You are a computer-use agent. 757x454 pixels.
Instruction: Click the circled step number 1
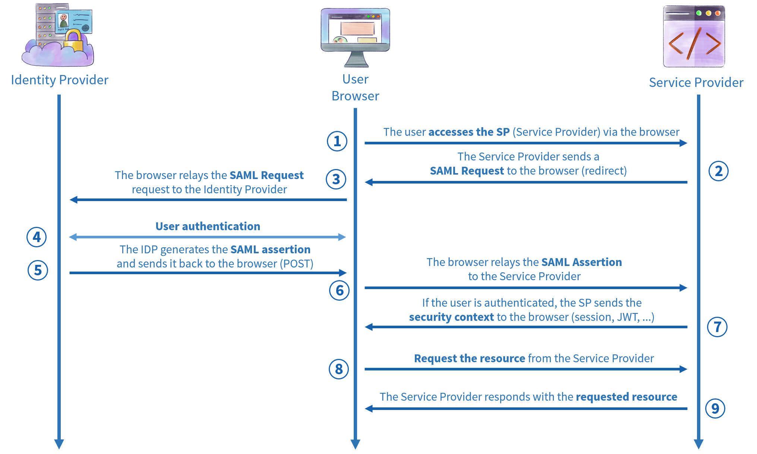tap(337, 141)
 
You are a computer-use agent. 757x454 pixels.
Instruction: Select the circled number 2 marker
tap(718, 171)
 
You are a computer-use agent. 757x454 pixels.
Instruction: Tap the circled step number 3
tap(336, 179)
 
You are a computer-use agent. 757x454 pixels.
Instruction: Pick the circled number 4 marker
tap(37, 237)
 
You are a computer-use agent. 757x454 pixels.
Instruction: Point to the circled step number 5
tap(38, 270)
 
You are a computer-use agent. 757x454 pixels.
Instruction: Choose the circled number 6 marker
tap(339, 290)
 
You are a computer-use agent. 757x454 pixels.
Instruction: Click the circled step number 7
tap(717, 327)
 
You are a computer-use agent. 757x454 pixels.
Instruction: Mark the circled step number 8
tap(338, 369)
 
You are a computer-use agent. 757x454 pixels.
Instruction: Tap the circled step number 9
tap(715, 408)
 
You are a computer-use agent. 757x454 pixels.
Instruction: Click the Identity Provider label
tap(60, 80)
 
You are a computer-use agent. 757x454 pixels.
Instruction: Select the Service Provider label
tap(696, 82)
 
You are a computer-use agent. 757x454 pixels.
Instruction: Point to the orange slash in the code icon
tap(694, 43)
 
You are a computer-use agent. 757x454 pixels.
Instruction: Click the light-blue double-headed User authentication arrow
tap(207, 237)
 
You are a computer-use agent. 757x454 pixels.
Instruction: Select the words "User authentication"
tap(208, 226)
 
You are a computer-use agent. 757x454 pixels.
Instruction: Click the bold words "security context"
tap(451, 317)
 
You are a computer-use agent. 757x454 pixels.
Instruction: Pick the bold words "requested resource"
tap(626, 397)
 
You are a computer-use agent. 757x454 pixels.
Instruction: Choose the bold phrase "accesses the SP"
tap(469, 132)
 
